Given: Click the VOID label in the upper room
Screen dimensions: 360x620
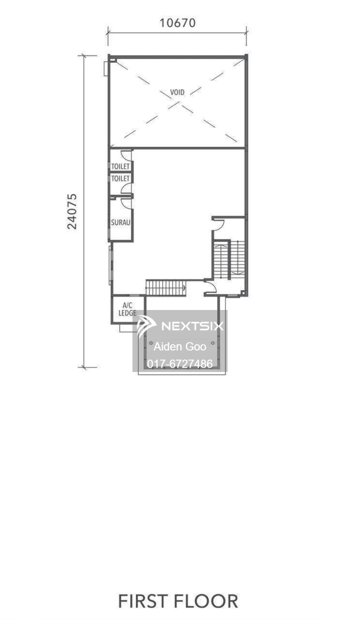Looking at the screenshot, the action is (x=177, y=92).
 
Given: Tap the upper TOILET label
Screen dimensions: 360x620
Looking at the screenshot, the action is (x=120, y=166).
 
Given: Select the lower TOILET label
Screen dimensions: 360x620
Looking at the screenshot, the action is (x=120, y=179).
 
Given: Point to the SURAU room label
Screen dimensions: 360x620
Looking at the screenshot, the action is (x=120, y=222).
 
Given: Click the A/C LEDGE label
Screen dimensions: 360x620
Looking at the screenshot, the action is (x=127, y=309).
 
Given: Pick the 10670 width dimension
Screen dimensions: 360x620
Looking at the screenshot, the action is (x=178, y=23).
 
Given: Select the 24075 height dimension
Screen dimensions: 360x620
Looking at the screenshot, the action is (x=72, y=212).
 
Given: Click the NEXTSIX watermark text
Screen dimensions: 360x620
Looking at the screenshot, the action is (x=192, y=326).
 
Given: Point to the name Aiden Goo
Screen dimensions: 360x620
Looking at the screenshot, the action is (x=180, y=346).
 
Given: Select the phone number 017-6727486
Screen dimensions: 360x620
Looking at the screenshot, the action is (x=180, y=364).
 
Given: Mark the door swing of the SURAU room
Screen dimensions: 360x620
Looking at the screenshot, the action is (x=126, y=203).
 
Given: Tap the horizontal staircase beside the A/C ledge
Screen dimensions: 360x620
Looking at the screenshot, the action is (x=166, y=288).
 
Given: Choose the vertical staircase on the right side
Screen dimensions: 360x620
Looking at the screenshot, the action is (x=229, y=260).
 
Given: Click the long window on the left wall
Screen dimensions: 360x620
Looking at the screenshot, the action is (x=111, y=265).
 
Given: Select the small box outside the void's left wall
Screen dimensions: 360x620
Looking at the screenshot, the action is (x=106, y=68).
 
